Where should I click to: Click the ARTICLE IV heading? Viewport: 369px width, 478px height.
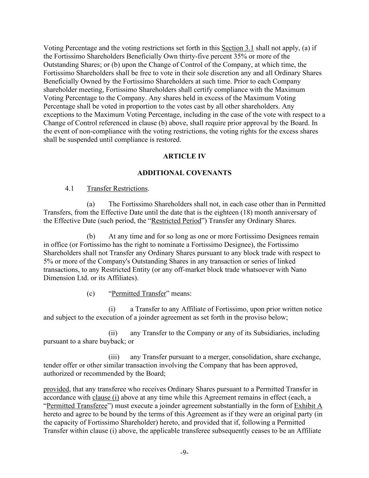(184, 156)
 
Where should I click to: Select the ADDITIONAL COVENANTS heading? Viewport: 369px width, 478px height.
(184, 173)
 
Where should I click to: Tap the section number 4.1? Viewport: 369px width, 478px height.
(69, 188)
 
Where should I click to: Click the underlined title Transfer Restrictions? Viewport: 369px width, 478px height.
(117, 188)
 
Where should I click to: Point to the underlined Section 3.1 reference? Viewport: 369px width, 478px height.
(237, 48)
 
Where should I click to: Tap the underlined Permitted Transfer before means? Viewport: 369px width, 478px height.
(139, 293)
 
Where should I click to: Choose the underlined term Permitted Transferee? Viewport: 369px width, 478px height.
(77, 406)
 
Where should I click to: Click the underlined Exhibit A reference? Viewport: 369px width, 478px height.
(308, 406)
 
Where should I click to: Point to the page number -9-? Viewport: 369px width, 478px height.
(184, 452)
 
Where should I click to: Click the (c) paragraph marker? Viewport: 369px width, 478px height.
(91, 293)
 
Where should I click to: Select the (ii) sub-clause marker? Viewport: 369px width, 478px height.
(113, 333)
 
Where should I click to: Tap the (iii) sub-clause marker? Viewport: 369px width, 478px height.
(114, 357)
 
